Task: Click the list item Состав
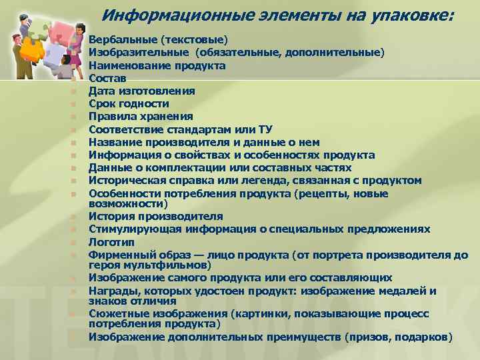click(107, 79)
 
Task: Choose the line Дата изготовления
click(142, 91)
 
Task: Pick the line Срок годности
click(129, 104)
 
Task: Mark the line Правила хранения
click(136, 117)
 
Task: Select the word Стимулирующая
click(130, 229)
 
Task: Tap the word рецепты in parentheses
click(351, 193)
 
